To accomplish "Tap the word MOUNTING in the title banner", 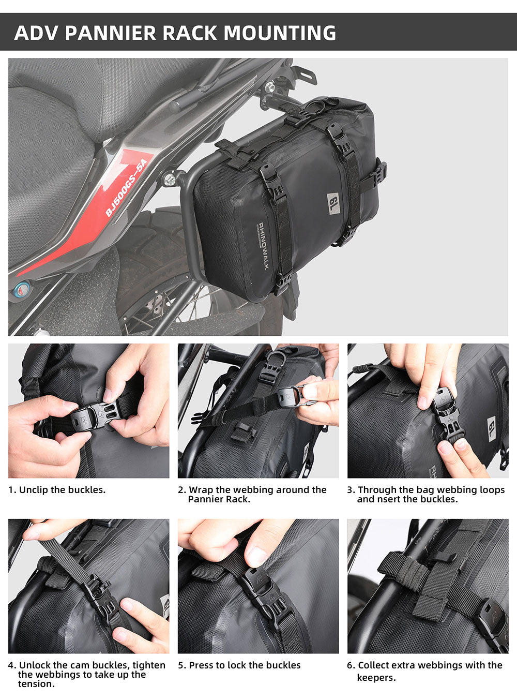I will pyautogui.click(x=280, y=33).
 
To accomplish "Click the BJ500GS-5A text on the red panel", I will pyautogui.click(x=126, y=187).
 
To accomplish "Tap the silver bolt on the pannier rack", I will pyautogui.click(x=169, y=180).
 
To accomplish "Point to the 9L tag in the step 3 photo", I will pyautogui.click(x=491, y=428).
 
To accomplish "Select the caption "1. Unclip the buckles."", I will pyautogui.click(x=57, y=490).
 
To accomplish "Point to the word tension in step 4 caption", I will pyautogui.click(x=36, y=684).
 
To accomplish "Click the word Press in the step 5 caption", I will pyautogui.click(x=202, y=665).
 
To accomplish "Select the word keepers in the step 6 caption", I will pyautogui.click(x=376, y=678).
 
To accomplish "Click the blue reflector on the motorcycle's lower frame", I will pyautogui.click(x=20, y=288).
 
